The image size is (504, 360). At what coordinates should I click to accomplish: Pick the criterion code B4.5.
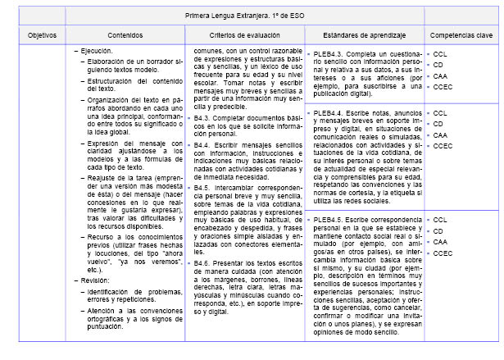(202, 187)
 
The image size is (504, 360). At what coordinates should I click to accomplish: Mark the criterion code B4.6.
(202, 262)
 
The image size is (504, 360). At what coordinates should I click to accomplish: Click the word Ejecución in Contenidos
(96, 51)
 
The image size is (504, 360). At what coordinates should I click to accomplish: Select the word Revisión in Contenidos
(95, 279)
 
